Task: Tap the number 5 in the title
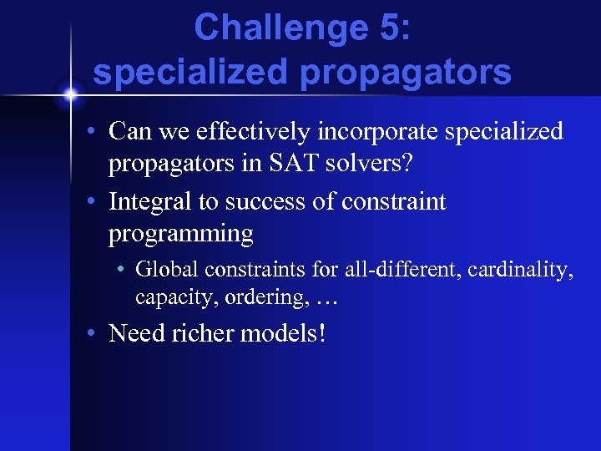click(385, 28)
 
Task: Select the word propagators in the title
click(408, 73)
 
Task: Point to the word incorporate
click(379, 132)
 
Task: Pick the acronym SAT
click(283, 165)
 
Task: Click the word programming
click(180, 235)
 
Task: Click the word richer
click(203, 334)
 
